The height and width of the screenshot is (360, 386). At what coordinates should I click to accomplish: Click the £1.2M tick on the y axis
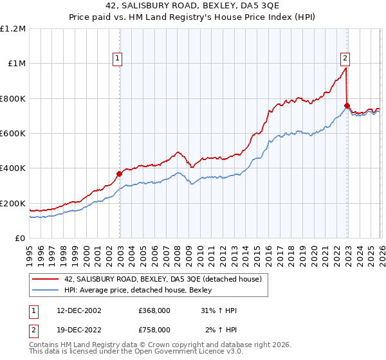point(13,28)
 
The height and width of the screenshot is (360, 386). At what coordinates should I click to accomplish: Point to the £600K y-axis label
point(13,133)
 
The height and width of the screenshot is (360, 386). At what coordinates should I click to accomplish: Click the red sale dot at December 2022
point(347,105)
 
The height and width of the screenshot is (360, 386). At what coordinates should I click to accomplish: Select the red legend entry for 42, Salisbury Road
point(163,279)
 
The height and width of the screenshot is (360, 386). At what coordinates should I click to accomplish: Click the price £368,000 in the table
point(154,310)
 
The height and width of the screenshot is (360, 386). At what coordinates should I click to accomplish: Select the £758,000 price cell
point(154,329)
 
